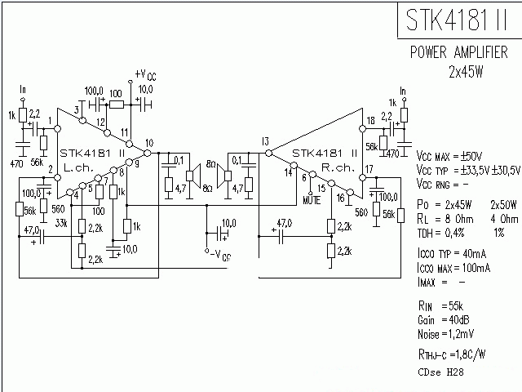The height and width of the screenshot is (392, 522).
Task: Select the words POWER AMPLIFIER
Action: (460, 54)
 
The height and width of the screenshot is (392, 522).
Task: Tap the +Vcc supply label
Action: (145, 75)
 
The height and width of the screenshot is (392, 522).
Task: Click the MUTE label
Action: (311, 198)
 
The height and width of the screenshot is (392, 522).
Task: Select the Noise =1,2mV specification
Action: (445, 335)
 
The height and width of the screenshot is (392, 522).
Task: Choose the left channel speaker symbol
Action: (193, 173)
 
